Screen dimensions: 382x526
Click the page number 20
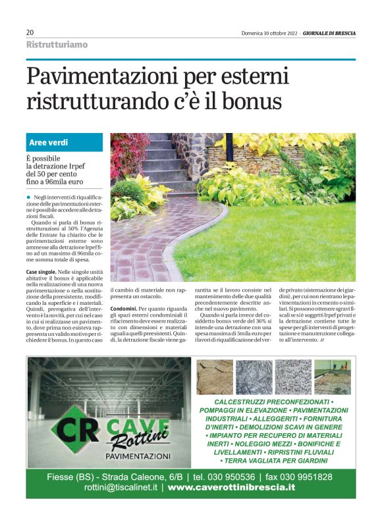30,32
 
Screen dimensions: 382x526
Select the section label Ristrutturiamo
57,45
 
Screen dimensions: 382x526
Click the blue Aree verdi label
49,142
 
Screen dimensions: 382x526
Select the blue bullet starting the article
29,197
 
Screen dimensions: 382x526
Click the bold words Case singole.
40,272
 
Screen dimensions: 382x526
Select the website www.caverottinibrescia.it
231,488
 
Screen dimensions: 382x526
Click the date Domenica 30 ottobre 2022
271,32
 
